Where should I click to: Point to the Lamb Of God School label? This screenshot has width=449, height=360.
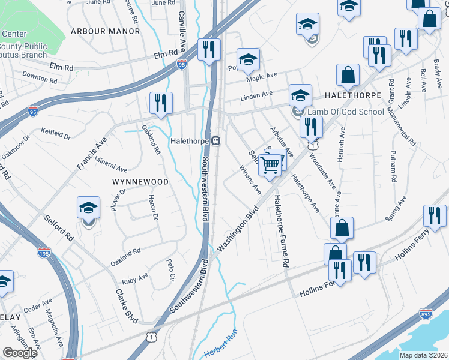345,112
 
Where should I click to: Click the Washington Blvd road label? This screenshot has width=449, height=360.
237,229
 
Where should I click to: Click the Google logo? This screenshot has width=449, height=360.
20,352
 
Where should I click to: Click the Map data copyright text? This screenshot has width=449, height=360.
423,355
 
